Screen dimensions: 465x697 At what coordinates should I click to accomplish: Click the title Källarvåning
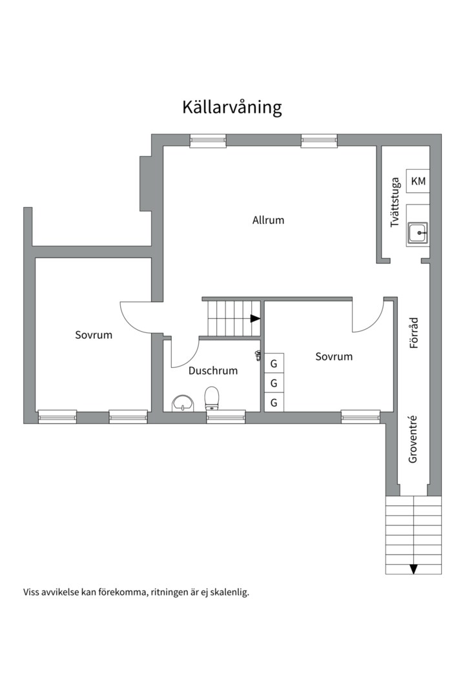(232, 108)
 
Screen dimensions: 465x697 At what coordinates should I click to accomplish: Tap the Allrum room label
(268, 220)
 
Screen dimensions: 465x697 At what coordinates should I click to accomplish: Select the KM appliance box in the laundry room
(418, 181)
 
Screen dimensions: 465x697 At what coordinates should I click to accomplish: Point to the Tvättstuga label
(395, 203)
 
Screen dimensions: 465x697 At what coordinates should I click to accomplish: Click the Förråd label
(414, 332)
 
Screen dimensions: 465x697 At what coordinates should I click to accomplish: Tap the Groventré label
(413, 439)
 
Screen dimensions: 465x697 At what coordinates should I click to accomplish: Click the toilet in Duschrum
(212, 398)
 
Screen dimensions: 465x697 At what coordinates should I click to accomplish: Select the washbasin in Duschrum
(183, 403)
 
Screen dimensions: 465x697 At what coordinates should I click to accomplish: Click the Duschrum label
(212, 370)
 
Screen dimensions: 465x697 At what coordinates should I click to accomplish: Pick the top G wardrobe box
(274, 363)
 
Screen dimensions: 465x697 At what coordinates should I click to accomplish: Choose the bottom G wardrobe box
(274, 402)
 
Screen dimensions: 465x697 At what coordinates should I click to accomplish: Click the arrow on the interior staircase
(255, 318)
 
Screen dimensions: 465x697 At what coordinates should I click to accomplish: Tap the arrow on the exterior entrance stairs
(413, 569)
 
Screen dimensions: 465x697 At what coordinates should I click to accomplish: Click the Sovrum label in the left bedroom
(94, 335)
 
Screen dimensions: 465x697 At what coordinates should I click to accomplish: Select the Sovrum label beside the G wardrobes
(334, 356)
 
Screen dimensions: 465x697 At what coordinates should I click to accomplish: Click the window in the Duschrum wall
(226, 417)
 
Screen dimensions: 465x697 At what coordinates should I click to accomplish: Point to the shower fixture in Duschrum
(258, 355)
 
